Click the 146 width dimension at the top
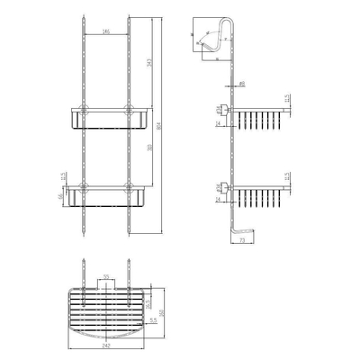(x=106, y=32)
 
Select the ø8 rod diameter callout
(x=242, y=83)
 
